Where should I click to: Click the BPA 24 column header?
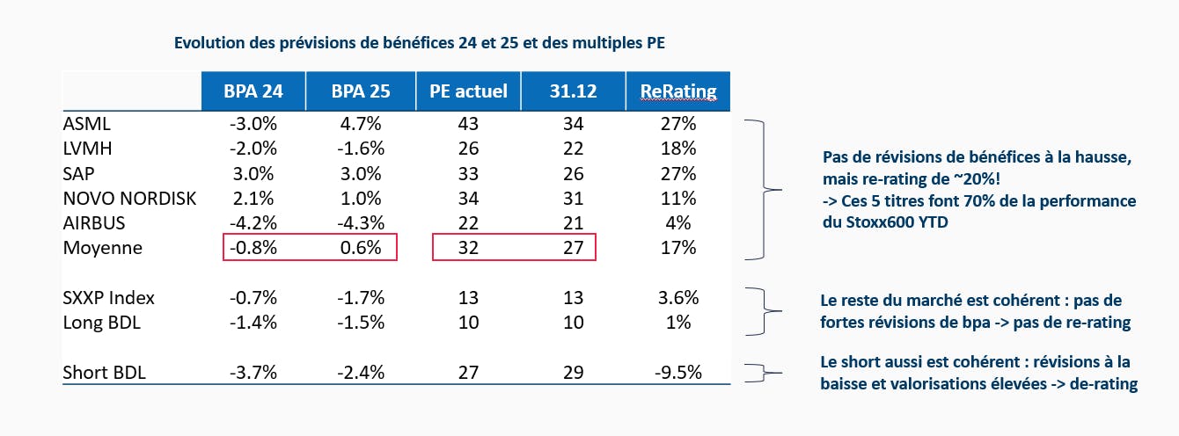[254, 91]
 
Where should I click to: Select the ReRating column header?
[677, 91]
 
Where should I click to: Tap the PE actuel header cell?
[468, 91]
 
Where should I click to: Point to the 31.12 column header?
[573, 91]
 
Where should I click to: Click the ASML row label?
[87, 124]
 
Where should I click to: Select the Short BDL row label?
[105, 372]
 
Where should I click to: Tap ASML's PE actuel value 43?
[468, 124]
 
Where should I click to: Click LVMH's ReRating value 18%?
[677, 149]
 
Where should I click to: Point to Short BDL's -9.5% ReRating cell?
[677, 372]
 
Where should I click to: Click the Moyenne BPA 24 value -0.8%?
[254, 248]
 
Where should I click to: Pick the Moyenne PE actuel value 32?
[468, 248]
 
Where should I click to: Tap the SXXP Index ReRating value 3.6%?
[677, 297]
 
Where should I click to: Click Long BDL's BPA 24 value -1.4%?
[254, 323]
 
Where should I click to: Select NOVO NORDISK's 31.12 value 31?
[573, 199]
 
